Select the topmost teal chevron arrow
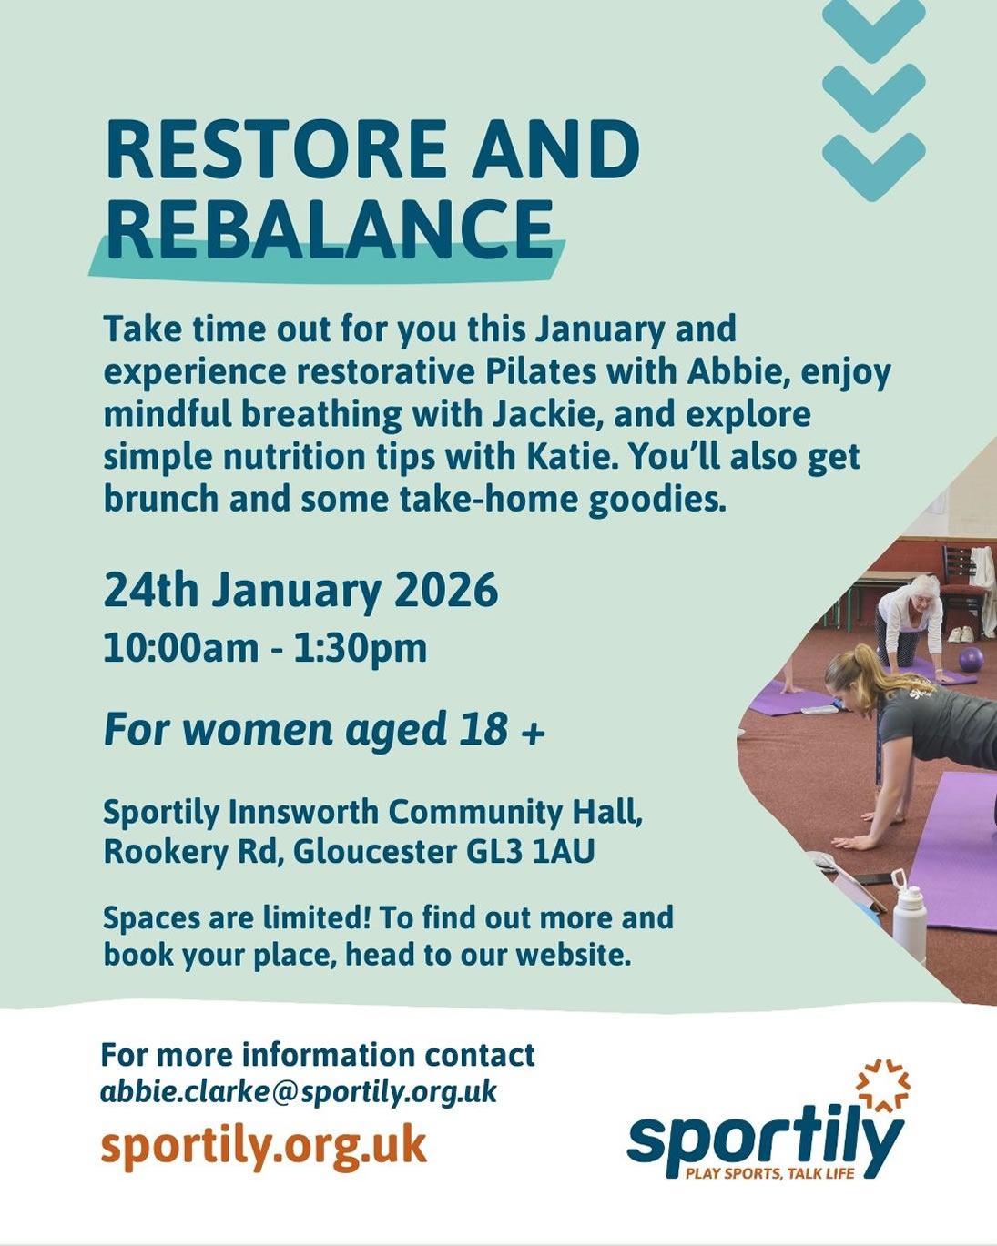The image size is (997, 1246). pyautogui.click(x=873, y=26)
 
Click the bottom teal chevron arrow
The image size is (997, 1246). pyautogui.click(x=873, y=167)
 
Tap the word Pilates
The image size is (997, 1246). pyautogui.click(x=541, y=372)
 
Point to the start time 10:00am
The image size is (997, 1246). pyautogui.click(x=181, y=648)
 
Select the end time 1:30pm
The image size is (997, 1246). pyautogui.click(x=361, y=649)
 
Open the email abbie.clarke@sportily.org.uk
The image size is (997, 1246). pyautogui.click(x=299, y=1092)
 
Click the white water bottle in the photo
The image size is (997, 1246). pyautogui.click(x=908, y=909)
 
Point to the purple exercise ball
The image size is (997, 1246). pyautogui.click(x=971, y=660)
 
